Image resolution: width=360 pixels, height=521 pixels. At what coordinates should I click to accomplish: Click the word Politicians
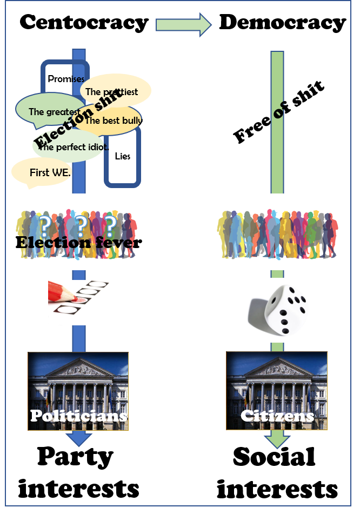[x=78, y=416]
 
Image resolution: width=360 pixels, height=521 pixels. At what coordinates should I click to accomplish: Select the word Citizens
[x=277, y=416]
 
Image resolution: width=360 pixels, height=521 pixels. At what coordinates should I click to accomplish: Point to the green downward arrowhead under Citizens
[x=277, y=440]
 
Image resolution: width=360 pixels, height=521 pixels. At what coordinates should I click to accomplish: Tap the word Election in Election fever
[x=53, y=243]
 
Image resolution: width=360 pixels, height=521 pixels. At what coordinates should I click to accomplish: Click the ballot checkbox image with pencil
[x=78, y=303]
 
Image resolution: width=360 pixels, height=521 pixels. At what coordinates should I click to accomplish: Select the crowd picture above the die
[x=277, y=231]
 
